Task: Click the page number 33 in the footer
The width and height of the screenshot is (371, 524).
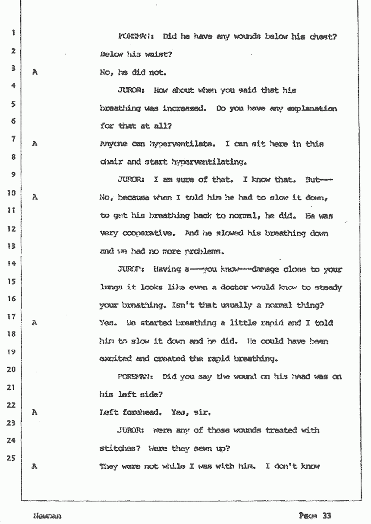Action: click(326, 515)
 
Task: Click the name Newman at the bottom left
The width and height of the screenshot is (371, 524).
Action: click(42, 516)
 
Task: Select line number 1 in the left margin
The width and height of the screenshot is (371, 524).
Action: click(14, 32)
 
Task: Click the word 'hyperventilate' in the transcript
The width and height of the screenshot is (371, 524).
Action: click(148, 145)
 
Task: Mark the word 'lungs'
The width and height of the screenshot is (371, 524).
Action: click(110, 287)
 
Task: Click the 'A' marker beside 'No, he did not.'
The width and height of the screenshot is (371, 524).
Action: click(35, 73)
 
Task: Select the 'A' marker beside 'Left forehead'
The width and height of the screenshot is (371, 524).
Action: click(35, 412)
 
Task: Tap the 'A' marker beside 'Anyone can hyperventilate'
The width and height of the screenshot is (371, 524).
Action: click(35, 145)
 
